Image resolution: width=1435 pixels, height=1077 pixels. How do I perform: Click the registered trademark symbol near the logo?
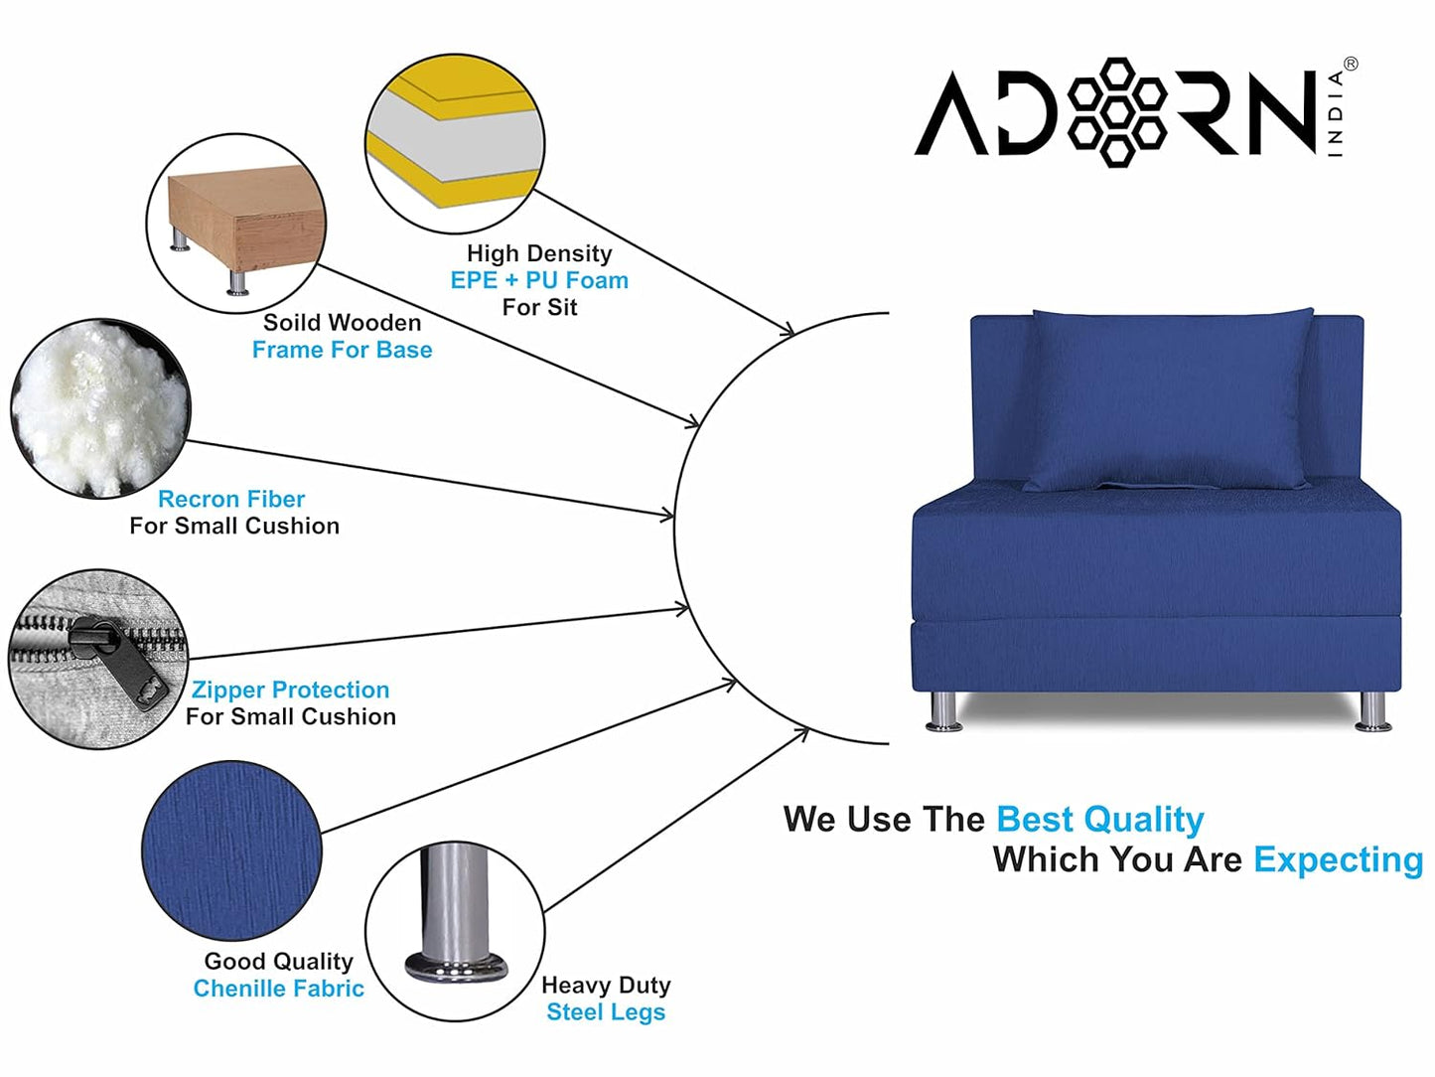(1351, 64)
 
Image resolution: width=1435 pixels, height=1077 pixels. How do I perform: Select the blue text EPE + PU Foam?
(539, 280)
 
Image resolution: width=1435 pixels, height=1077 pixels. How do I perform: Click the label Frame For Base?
(342, 350)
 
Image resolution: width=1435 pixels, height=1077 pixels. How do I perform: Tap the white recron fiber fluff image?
(99, 407)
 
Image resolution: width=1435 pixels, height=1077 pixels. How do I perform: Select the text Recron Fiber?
(231, 499)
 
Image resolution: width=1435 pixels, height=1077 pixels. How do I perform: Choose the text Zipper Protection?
(290, 690)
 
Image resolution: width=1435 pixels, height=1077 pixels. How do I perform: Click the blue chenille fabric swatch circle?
(231, 850)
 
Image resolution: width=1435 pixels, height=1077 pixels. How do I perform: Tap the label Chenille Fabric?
(278, 989)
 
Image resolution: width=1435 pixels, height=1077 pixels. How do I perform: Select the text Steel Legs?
(606, 1012)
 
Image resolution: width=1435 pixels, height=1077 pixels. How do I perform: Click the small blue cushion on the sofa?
(1170, 397)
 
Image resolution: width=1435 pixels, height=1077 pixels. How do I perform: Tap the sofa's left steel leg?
(943, 711)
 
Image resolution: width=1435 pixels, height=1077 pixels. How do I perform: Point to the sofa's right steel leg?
(1372, 711)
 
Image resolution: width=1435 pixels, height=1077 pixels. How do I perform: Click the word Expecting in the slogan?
(1338, 859)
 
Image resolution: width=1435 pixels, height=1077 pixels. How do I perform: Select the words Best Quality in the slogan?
(1099, 820)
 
